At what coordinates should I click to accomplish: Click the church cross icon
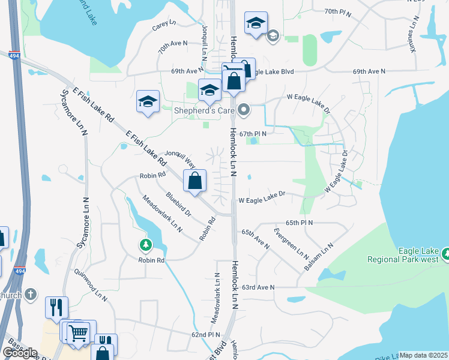coord(32,295)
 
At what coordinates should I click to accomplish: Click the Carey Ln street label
coord(164,25)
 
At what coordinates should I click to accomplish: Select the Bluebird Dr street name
coord(178,203)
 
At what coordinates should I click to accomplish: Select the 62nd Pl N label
coord(206,334)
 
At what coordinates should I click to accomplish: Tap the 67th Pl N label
coord(252,134)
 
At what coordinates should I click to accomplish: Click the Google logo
coord(19,353)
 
